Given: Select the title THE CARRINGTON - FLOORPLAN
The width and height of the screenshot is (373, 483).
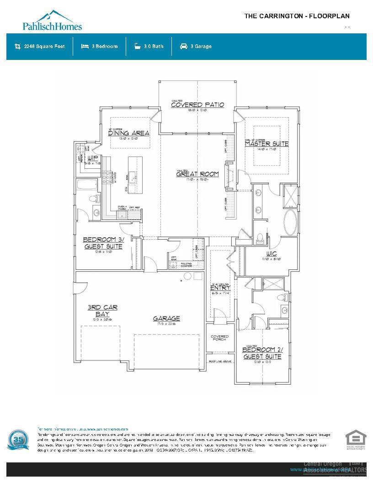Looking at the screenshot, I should (x=297, y=16).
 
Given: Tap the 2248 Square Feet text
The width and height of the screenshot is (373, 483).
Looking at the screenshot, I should (x=44, y=46).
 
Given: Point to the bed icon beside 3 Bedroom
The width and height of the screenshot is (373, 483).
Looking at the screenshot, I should (x=85, y=46).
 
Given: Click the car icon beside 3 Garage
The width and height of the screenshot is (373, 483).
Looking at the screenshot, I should (x=184, y=46).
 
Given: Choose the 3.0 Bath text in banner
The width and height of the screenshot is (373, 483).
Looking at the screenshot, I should (x=154, y=46).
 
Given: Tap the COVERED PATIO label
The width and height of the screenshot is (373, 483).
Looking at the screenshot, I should (x=197, y=105).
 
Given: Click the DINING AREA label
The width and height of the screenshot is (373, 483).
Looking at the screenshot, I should (x=129, y=133).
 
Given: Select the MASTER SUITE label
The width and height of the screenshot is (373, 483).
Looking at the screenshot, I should (x=266, y=144).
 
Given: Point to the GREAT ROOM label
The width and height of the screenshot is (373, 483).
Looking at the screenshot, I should (x=197, y=174).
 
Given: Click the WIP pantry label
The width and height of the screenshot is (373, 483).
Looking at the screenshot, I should (x=93, y=158).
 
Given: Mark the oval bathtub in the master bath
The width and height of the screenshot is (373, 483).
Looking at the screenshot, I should (x=291, y=223).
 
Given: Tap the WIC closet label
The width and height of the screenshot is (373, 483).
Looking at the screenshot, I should (x=272, y=254).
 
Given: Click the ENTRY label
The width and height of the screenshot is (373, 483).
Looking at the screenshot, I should (x=219, y=288).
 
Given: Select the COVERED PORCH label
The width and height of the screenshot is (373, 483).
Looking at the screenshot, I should (x=219, y=338).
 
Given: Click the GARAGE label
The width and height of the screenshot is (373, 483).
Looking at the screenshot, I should (x=166, y=318).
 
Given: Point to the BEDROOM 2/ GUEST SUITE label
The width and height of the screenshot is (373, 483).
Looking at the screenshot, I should (x=262, y=353).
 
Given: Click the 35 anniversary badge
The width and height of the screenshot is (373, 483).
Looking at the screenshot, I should (x=18, y=440).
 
